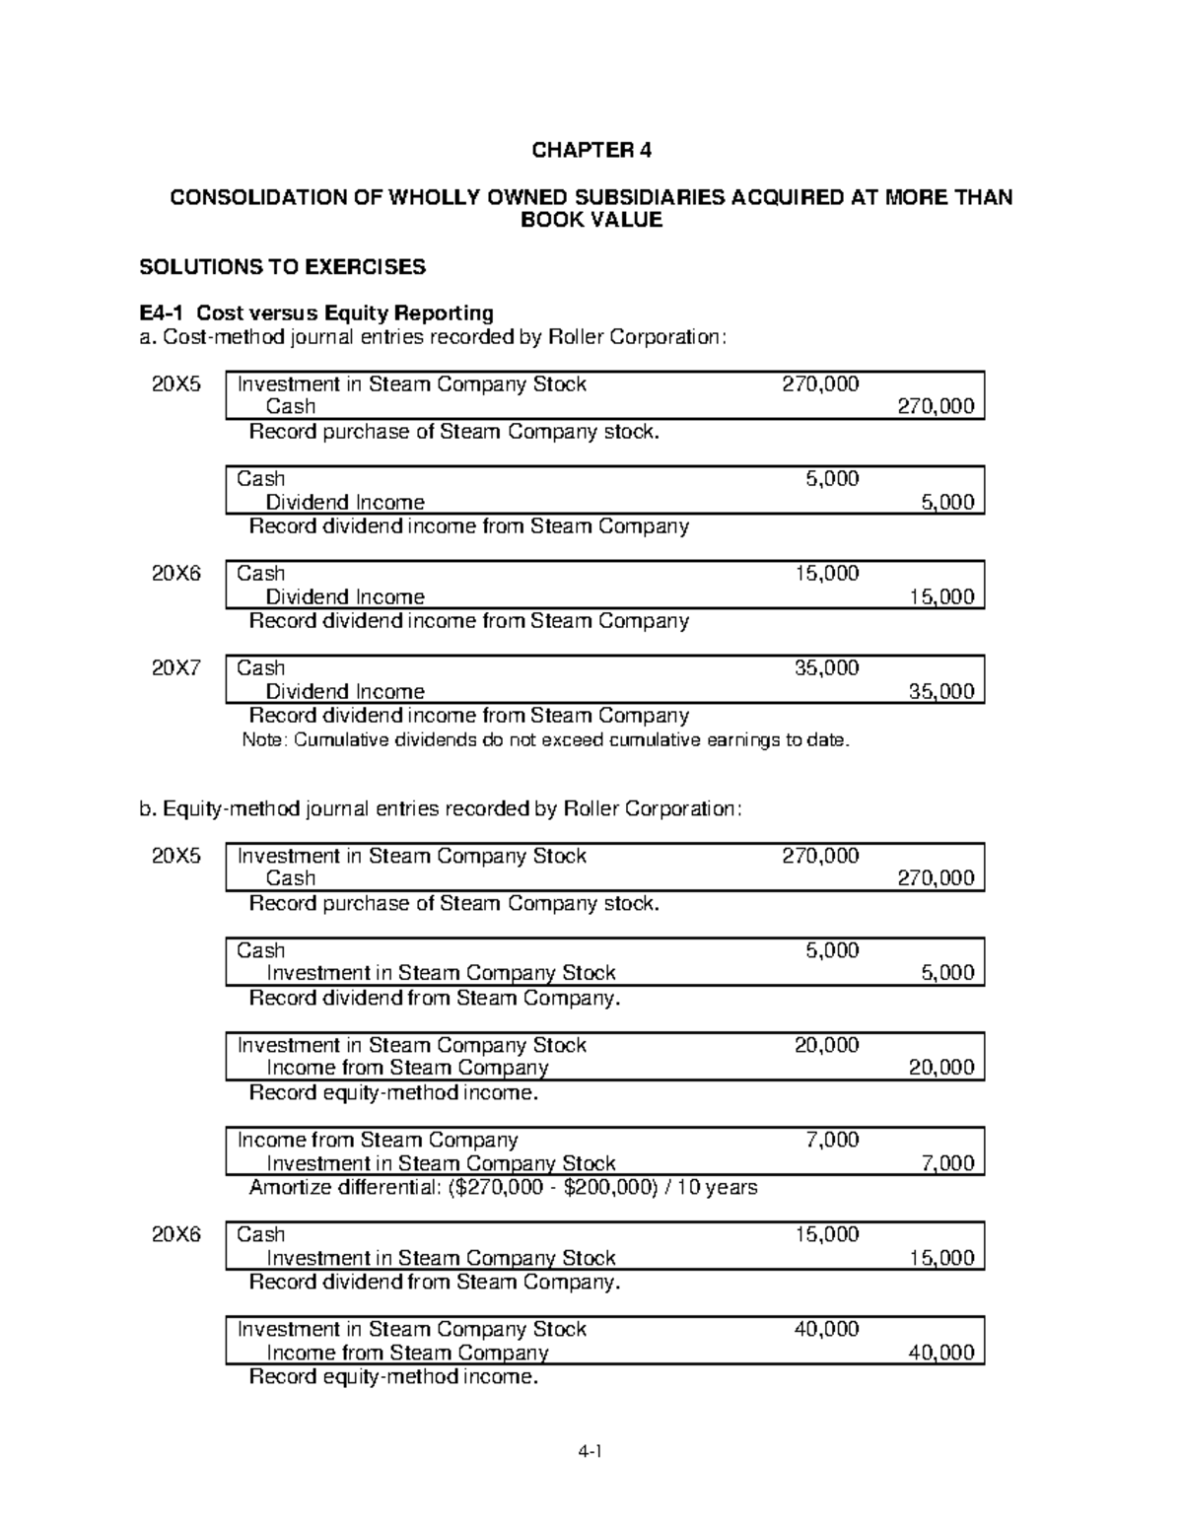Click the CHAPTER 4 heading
tap(591, 150)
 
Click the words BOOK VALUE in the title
tap(591, 220)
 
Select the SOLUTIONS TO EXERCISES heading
tap(282, 266)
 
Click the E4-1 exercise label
tap(162, 313)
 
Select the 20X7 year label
tap(175, 668)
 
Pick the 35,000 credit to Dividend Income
tap(940, 691)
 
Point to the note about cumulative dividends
tap(545, 739)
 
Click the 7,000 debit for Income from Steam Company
tap(832, 1140)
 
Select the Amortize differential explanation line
tap(503, 1187)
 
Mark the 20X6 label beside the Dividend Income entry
tap(175, 574)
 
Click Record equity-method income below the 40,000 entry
tap(393, 1376)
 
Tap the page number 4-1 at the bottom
tap(591, 1451)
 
